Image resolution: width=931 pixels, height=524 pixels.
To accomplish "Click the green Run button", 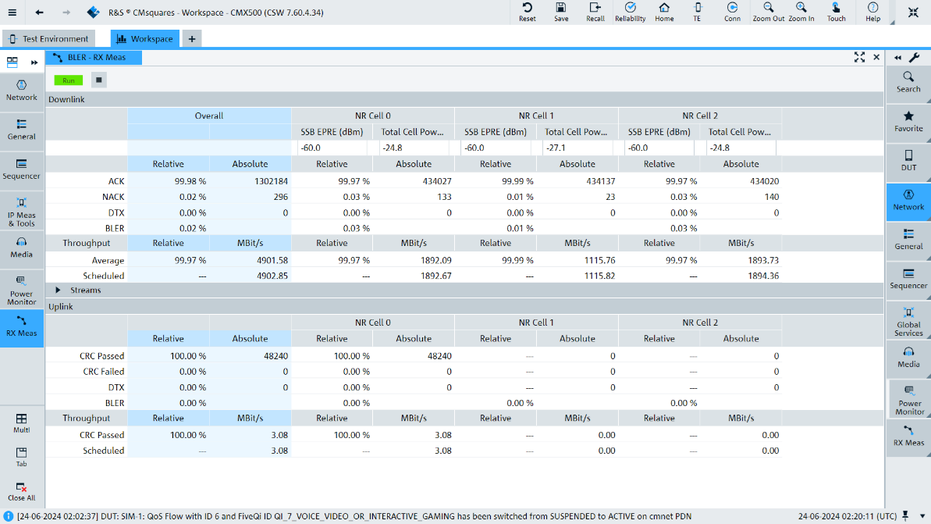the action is point(68,80).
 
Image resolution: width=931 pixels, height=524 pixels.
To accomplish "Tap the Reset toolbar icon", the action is point(528,12).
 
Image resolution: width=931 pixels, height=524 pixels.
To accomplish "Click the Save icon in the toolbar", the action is point(561,12).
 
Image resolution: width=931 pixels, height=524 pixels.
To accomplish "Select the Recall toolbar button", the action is point(595,12).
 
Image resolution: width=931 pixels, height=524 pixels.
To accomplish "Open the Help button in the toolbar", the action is point(872,12).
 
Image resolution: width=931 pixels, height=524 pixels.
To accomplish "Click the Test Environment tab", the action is point(49,38).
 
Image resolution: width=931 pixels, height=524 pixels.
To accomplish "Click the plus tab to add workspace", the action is point(192,38).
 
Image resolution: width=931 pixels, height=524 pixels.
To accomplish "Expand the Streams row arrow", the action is point(59,290).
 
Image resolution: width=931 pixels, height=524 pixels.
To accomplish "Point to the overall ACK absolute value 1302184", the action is point(271,181).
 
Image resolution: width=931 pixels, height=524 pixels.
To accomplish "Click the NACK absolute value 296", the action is point(281,197).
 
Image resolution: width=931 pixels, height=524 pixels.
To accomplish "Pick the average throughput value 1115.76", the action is point(599,260).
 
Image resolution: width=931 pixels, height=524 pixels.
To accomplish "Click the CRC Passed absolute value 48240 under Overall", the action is point(275,356).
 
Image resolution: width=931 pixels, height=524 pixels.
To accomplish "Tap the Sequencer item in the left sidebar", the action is point(21,169).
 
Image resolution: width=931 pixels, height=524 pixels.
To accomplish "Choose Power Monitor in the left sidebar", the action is point(21,291).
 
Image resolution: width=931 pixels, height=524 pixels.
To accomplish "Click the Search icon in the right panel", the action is point(908,82).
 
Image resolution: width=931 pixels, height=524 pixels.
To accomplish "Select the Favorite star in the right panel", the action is point(908,121).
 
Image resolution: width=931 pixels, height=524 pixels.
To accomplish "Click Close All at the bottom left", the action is point(21,492).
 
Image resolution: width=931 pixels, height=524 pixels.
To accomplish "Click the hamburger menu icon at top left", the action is point(12,12).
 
